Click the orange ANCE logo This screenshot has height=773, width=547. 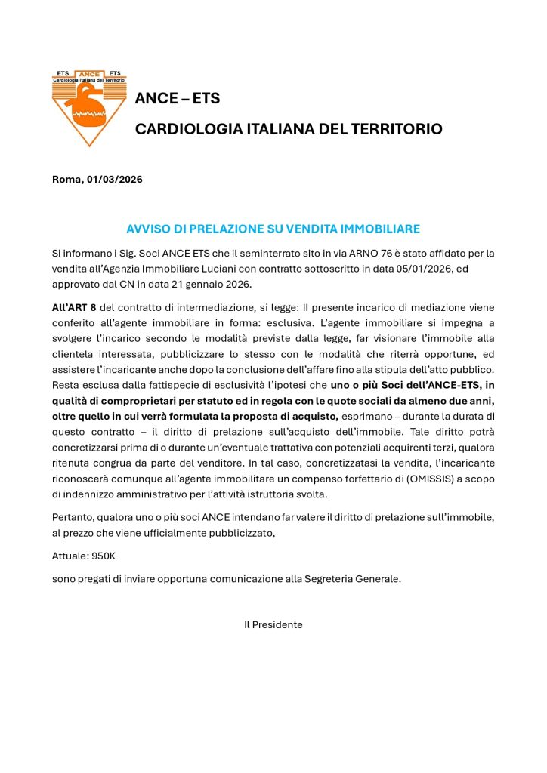(x=89, y=107)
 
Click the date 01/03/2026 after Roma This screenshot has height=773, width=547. (x=114, y=180)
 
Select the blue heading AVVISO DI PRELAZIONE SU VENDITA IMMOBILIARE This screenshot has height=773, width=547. (x=273, y=229)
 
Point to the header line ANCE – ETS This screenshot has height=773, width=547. (x=177, y=99)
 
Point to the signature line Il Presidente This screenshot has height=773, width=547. (x=273, y=625)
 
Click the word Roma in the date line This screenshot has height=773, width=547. (x=67, y=180)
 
